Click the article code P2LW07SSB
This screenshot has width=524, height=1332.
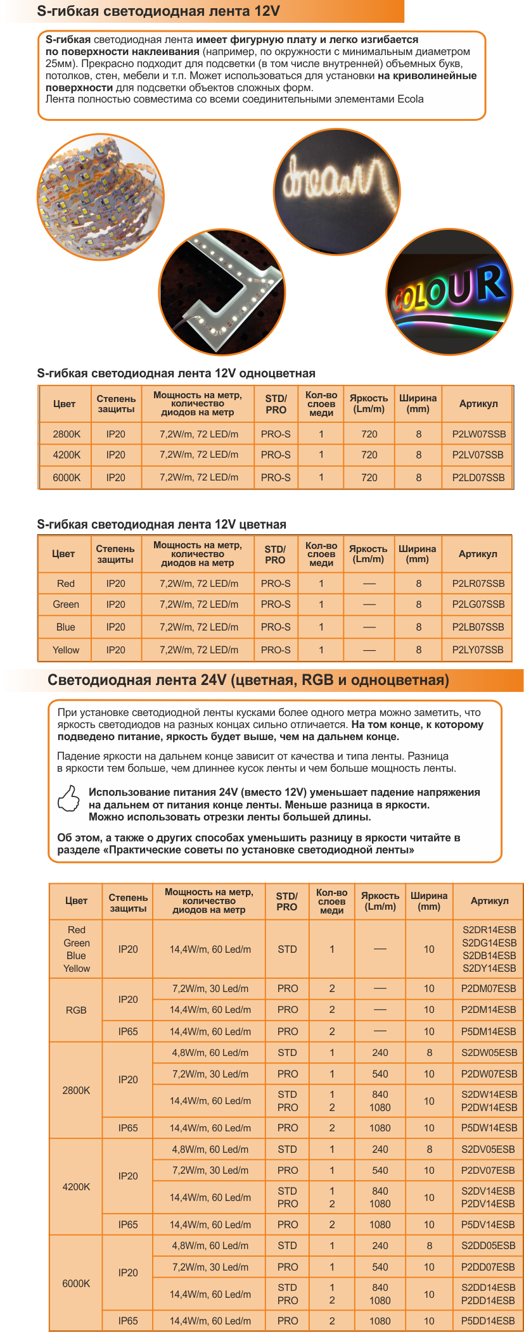click(478, 434)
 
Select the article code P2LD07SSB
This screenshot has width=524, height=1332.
click(478, 477)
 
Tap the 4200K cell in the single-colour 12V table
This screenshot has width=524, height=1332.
click(67, 455)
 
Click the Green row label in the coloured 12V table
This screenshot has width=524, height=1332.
click(66, 605)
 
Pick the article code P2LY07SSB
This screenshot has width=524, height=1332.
click(478, 650)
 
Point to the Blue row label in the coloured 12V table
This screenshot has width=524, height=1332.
click(66, 627)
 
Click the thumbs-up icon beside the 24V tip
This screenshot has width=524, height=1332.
click(69, 798)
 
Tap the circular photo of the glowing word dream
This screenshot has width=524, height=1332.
click(336, 191)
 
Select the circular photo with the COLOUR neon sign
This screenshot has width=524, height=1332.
click(449, 292)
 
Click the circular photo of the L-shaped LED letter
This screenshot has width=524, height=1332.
click(222, 292)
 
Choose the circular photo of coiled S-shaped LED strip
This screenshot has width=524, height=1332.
click(100, 197)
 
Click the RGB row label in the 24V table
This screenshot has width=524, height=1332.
click(76, 1010)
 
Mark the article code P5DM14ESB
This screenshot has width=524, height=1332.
click(489, 1031)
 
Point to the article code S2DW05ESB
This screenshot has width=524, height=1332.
click(489, 1053)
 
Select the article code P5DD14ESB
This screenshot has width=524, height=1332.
click(489, 1321)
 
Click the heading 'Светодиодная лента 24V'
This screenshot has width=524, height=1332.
click(248, 680)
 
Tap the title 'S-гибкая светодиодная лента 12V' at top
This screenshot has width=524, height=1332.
click(158, 11)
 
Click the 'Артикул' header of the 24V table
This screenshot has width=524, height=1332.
click(489, 900)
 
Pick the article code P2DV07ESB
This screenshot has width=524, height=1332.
click(489, 1170)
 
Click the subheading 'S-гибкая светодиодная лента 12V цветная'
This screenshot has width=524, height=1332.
click(162, 524)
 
